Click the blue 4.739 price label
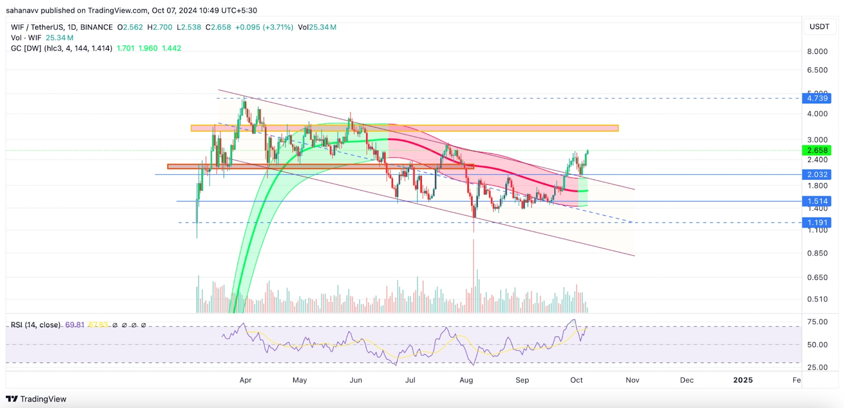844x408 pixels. click(x=817, y=98)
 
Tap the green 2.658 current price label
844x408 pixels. click(x=817, y=150)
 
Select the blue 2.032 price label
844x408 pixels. click(x=817, y=175)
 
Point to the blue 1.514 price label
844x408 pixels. click(x=817, y=201)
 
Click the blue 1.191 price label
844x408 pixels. click(x=817, y=223)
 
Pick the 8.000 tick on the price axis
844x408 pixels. click(x=817, y=51)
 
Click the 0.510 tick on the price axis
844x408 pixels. click(x=817, y=299)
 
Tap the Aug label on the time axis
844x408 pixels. click(x=466, y=380)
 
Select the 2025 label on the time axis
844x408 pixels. click(x=743, y=380)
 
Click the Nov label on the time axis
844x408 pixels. click(x=632, y=380)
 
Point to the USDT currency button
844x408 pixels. click(x=819, y=27)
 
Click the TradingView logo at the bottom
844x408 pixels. click(x=36, y=399)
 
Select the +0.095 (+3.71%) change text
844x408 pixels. click(x=264, y=27)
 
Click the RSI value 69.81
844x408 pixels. click(x=74, y=325)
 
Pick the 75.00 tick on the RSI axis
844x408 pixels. click(x=817, y=322)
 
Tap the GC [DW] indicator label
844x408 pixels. click(x=26, y=48)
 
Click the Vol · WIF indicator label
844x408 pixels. click(x=26, y=38)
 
